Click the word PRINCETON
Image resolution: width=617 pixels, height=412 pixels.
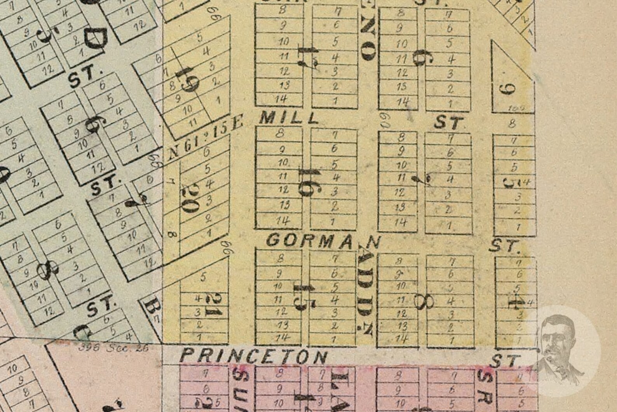coord(254,356)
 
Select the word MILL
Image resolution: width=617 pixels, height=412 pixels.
coord(288,117)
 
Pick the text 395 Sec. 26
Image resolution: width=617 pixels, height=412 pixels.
coord(113,347)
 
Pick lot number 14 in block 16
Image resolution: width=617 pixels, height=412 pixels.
coord(283,221)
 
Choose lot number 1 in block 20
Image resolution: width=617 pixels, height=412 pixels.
coord(209,233)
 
